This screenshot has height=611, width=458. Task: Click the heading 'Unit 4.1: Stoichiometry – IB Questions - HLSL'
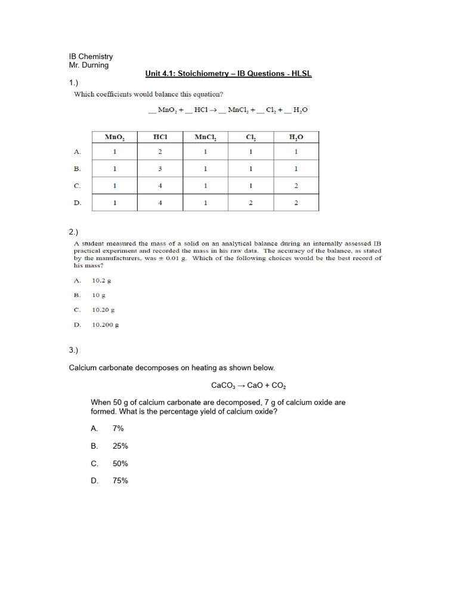click(x=228, y=73)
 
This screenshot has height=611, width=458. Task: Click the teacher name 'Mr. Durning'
click(x=89, y=65)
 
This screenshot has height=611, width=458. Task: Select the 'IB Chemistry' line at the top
click(x=91, y=57)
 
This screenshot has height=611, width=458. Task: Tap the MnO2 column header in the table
click(x=114, y=137)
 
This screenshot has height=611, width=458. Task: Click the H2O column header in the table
click(x=296, y=137)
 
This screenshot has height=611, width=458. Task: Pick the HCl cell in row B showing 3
click(x=160, y=169)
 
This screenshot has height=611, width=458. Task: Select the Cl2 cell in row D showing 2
click(x=250, y=203)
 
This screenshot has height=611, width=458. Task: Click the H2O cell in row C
click(x=296, y=186)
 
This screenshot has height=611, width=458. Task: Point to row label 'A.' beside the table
click(x=77, y=152)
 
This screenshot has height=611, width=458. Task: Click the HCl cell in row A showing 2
click(x=160, y=152)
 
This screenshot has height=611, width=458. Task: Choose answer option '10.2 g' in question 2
click(x=101, y=280)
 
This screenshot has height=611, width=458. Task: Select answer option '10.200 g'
click(x=105, y=325)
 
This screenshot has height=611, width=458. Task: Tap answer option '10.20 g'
click(x=103, y=310)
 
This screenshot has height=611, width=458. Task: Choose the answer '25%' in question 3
click(x=120, y=446)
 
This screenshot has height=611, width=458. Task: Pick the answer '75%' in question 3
click(x=120, y=480)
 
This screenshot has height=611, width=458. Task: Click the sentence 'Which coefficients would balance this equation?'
click(x=148, y=94)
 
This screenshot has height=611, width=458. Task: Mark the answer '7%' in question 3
click(x=117, y=428)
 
